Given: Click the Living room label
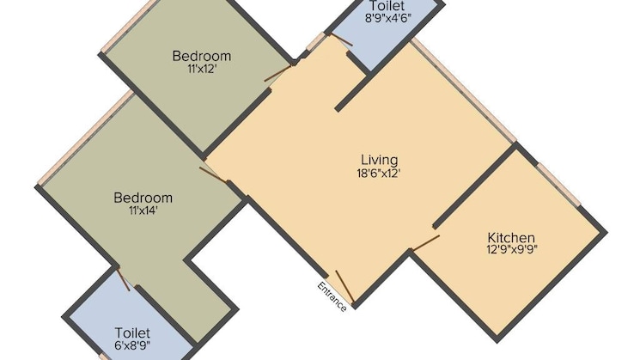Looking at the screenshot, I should [x=379, y=160].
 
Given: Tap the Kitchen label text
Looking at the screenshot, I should [x=511, y=238].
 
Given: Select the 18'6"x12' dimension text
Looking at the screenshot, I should [x=379, y=173].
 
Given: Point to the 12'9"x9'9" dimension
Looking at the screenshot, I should [x=511, y=251].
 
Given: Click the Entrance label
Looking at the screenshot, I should [x=332, y=296].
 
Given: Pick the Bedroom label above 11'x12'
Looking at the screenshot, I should [x=202, y=57].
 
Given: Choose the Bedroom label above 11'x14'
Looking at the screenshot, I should [x=143, y=198].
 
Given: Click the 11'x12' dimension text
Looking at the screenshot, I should [x=202, y=70].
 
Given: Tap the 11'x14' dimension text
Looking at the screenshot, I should [x=143, y=211].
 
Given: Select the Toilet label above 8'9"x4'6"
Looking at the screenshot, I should [x=386, y=6].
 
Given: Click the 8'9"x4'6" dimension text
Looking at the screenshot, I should [x=386, y=17].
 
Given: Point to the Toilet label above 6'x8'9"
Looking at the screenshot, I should [x=132, y=332].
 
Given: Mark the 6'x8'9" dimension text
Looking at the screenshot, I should [x=132, y=345].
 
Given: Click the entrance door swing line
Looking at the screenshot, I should [x=344, y=287].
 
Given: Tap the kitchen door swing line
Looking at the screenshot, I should [x=425, y=241].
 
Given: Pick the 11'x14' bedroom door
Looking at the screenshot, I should [x=213, y=174].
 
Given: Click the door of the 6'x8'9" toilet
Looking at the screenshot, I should [x=124, y=279].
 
